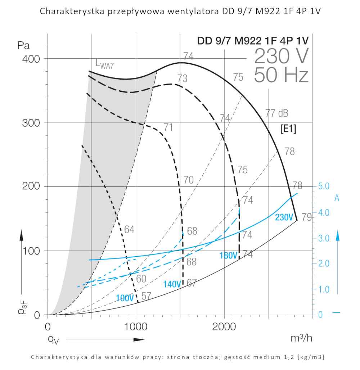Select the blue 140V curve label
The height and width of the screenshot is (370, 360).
pos(172,284)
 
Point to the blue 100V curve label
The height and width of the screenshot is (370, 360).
pos(125,298)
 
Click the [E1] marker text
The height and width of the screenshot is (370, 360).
pos(288,129)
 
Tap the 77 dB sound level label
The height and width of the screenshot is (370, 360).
pos(277,113)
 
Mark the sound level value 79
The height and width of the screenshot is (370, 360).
pos(306,217)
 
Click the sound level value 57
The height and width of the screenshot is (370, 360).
pos(146,296)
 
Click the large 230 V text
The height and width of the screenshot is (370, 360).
pos(281,57)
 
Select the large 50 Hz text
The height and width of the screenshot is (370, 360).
pos(281,76)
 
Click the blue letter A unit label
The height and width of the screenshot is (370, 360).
pos(337,198)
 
